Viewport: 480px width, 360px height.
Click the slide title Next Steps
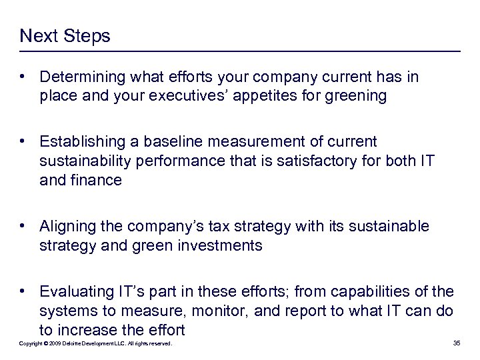65,36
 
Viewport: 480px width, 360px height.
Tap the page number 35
457,343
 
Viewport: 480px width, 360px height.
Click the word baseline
173,142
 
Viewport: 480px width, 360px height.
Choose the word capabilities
385,292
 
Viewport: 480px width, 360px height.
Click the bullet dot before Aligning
23,227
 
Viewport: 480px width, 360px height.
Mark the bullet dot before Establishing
23,142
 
